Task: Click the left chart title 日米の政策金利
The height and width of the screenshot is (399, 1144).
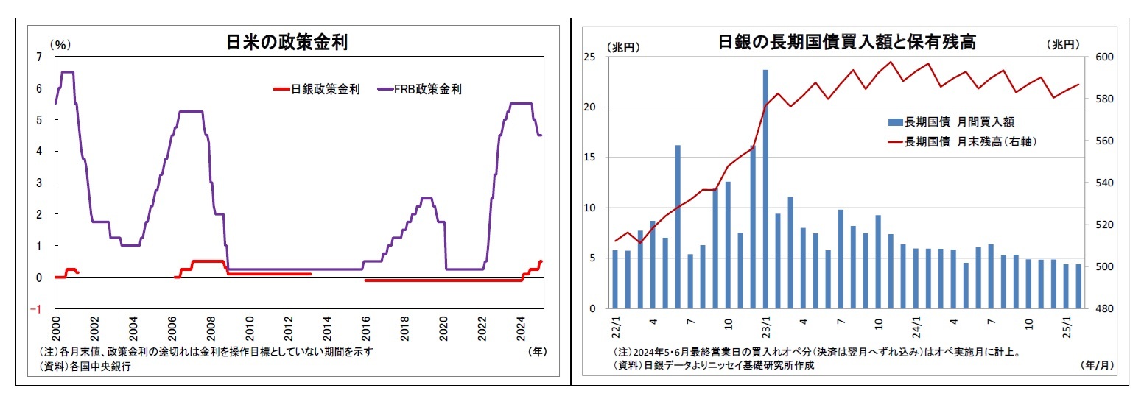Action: (287, 43)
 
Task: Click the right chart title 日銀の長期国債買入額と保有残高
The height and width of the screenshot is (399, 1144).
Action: (847, 42)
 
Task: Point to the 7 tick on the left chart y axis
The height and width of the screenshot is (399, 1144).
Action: (38, 57)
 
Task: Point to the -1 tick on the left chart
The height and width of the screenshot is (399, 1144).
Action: (36, 309)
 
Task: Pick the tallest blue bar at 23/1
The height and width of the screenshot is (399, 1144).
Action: (766, 188)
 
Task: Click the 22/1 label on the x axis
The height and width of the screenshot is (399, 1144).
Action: (616, 325)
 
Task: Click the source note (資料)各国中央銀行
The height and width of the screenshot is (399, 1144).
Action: (84, 366)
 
